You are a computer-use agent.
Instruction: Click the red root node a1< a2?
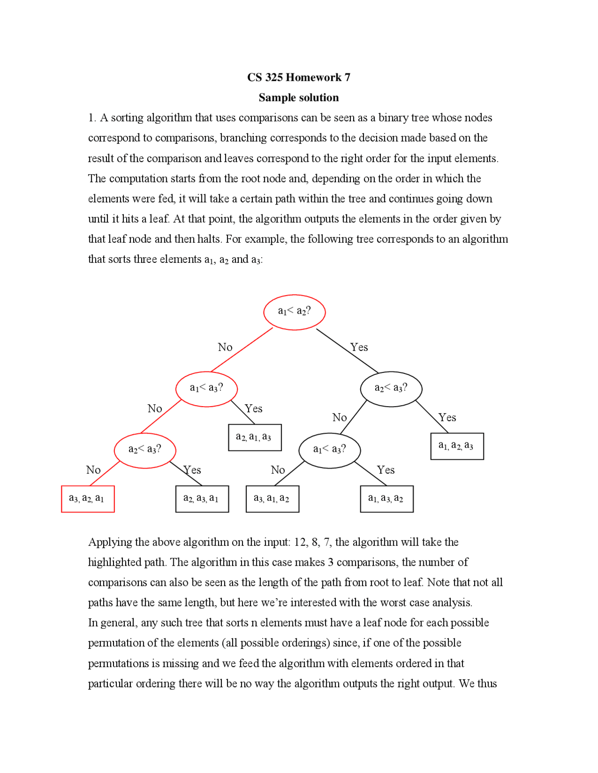(x=294, y=312)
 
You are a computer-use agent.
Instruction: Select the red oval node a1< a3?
(x=206, y=388)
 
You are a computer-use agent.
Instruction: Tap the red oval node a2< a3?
(x=145, y=450)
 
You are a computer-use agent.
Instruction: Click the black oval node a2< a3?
(x=391, y=388)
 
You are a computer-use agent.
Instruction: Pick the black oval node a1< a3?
(x=329, y=450)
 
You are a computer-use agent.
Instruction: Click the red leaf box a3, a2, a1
(x=88, y=499)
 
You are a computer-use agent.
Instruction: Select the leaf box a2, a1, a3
(x=255, y=437)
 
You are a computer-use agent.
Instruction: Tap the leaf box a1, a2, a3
(x=457, y=446)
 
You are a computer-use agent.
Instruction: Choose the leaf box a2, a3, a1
(x=202, y=499)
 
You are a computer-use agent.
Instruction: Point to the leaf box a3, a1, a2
(x=272, y=499)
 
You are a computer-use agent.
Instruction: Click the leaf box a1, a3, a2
(x=386, y=499)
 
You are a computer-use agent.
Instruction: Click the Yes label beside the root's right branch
(x=359, y=347)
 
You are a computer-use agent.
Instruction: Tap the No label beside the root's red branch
(x=225, y=347)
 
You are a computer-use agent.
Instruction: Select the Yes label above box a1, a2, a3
(x=447, y=418)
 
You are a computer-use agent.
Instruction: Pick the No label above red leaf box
(x=93, y=470)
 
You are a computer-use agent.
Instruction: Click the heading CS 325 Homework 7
(x=299, y=77)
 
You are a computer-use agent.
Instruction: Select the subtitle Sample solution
(x=299, y=98)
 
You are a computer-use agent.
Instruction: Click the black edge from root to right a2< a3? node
(x=347, y=351)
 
